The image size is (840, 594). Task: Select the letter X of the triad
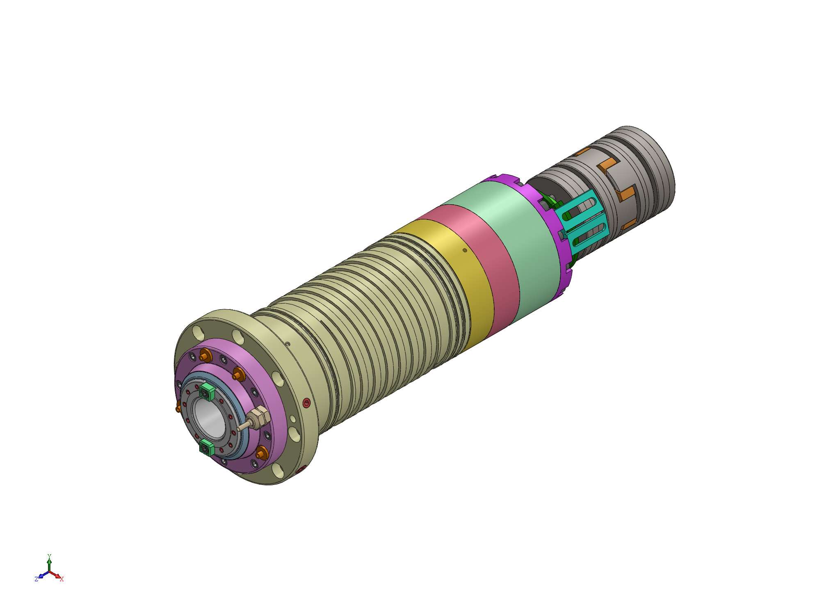pyautogui.click(x=62, y=579)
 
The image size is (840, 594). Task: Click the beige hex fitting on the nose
pyautogui.click(x=259, y=417)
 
